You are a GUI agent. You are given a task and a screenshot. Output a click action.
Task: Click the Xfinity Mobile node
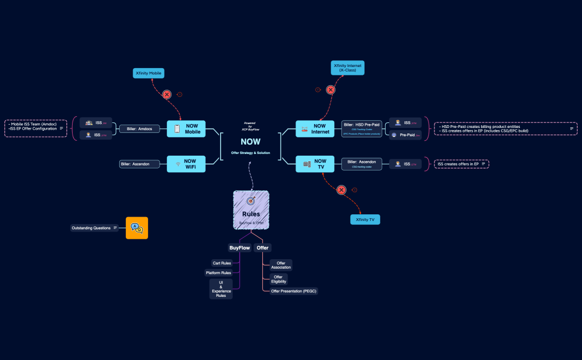149,73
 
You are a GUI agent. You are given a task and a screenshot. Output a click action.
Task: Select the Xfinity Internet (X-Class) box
348,68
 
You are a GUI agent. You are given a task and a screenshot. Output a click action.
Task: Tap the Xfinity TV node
365,220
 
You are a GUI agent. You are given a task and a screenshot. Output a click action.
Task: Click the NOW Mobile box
186,129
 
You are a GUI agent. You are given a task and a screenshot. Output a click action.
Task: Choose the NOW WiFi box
186,164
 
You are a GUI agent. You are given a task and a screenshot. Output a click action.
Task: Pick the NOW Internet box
315,129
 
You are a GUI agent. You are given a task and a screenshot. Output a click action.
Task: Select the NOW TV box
315,164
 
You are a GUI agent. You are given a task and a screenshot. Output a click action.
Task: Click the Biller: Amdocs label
140,129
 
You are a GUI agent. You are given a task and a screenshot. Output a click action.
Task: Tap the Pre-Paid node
405,135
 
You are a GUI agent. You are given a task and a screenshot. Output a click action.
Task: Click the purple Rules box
251,210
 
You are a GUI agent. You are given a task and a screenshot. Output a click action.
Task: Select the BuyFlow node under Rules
239,248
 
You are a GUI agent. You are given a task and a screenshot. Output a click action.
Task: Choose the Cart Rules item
222,263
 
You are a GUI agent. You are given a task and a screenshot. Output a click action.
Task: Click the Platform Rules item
218,272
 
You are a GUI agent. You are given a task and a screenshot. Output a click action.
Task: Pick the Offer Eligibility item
278,279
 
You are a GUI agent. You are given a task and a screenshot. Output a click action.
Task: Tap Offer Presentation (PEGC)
293,291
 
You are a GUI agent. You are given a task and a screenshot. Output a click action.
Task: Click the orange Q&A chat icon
136,228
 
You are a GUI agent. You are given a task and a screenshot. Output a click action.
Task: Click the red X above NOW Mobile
166,95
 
